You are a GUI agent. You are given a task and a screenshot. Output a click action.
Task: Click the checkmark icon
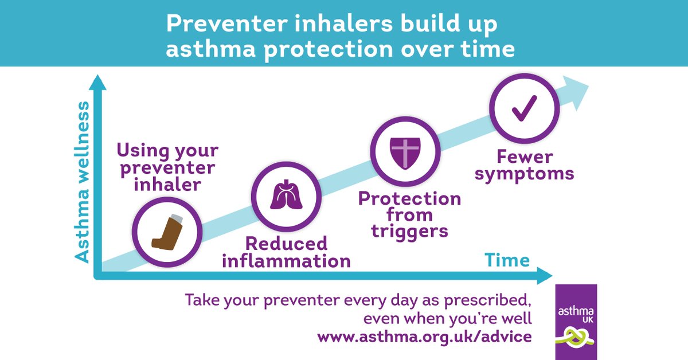click(524, 107)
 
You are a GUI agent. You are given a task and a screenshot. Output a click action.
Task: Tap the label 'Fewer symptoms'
click(524, 165)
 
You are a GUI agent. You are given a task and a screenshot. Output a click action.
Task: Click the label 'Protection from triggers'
click(409, 215)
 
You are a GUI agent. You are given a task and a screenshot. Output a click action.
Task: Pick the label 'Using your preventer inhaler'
click(167, 168)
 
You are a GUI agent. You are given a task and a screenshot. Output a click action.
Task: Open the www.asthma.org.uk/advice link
click(425, 336)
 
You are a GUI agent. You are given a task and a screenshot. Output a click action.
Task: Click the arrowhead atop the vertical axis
click(98, 83)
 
